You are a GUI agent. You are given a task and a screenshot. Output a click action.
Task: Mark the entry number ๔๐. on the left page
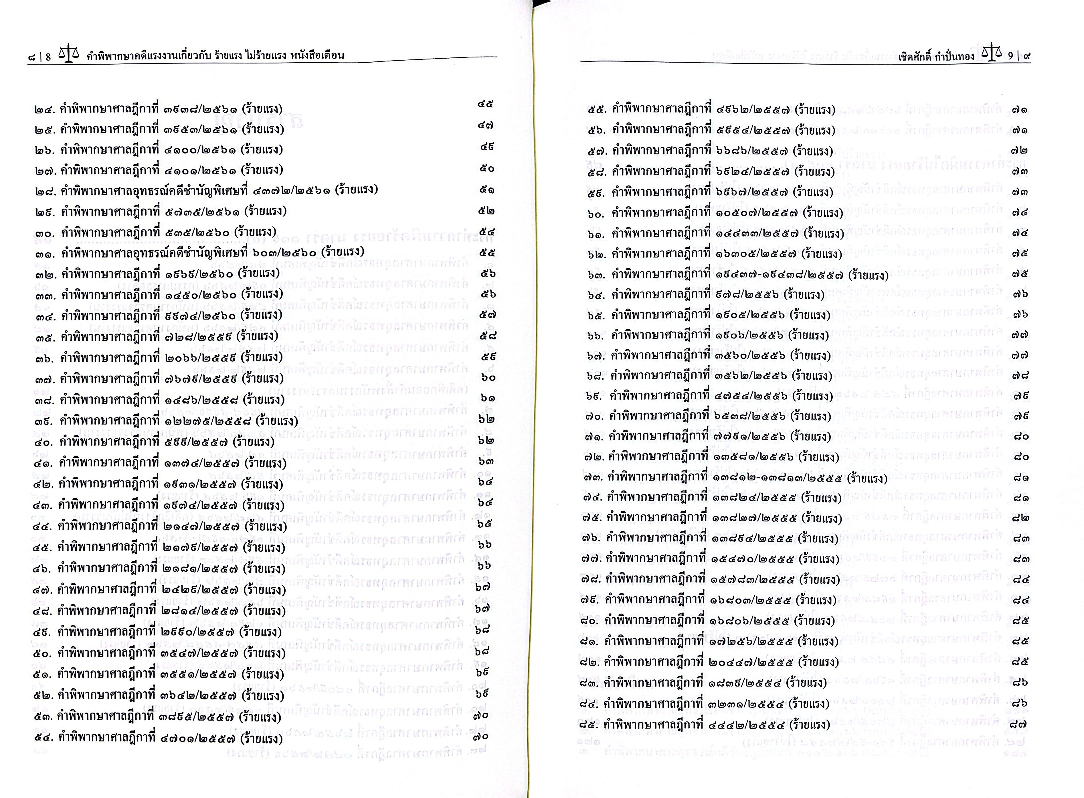tap(43, 442)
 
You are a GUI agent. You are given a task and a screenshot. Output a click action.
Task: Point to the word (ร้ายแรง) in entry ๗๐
tap(810, 416)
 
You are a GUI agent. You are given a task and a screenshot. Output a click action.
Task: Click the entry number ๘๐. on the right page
tap(591, 621)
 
